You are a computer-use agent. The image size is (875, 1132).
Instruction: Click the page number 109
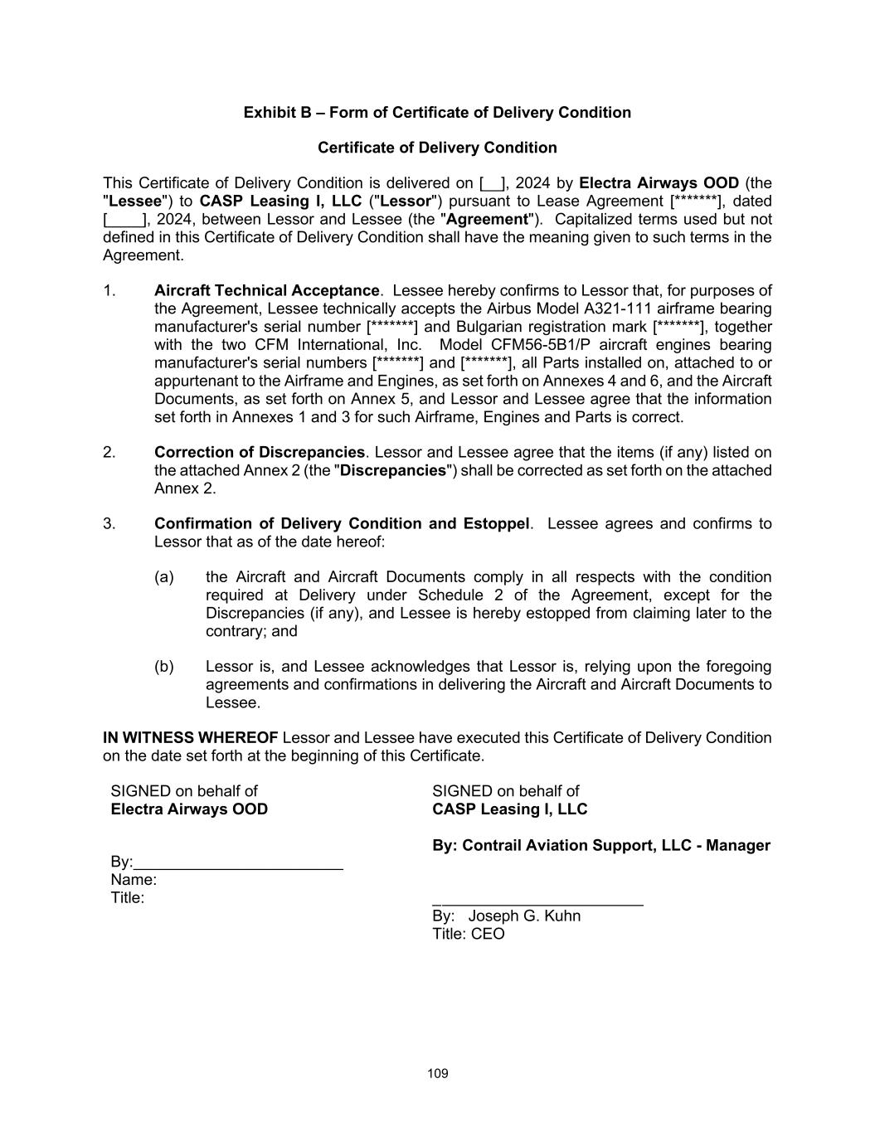point(438,1074)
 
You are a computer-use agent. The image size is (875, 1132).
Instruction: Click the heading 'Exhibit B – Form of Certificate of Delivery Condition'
point(437,113)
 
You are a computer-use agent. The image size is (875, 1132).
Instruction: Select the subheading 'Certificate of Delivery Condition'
point(437,148)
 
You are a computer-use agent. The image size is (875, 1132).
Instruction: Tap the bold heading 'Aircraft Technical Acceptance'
point(266,291)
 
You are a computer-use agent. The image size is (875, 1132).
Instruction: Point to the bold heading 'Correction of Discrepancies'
point(259,453)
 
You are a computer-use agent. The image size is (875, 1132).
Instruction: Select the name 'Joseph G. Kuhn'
point(524,916)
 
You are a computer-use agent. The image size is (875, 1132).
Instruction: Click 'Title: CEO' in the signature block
point(468,935)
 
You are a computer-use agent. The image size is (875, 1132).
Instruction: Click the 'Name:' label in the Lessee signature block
point(134,880)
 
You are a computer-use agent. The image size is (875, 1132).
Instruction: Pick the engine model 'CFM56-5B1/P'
point(531,345)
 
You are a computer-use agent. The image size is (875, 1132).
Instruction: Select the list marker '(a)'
point(163,577)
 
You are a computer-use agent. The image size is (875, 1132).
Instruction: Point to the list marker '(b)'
point(163,667)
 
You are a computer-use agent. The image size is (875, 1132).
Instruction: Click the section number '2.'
point(109,453)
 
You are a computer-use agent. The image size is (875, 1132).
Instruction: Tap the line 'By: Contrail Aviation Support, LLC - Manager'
point(600,846)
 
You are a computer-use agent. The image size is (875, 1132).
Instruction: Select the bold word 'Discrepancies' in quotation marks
point(393,471)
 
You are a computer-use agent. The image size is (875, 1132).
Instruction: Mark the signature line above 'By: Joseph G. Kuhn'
point(537,903)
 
